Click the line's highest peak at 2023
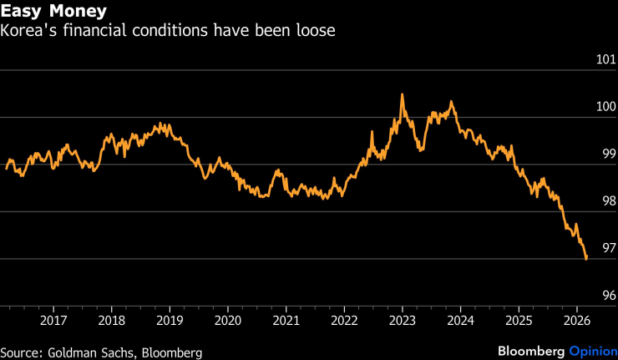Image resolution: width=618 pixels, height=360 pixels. pos(402,94)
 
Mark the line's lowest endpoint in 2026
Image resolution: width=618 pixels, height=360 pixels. pos(586,259)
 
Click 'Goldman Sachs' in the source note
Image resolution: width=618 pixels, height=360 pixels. pos(92,352)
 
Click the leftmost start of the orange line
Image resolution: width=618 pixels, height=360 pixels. pos(7,168)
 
